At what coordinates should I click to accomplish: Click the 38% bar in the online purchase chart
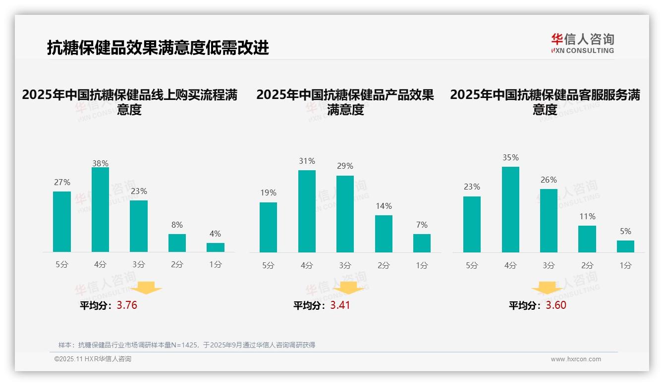pos(100,210)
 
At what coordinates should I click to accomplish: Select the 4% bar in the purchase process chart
pos(216,247)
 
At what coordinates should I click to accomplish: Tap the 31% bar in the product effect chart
pos(307,211)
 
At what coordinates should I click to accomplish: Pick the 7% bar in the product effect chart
pos(422,243)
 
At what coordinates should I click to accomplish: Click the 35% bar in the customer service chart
pos(510,210)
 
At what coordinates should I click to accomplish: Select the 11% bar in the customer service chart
pos(587,239)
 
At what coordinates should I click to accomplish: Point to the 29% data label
pos(345,166)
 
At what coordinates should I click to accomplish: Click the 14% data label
pos(384,206)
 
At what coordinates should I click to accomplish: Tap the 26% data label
pos(549,180)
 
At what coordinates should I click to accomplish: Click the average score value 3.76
pos(127,305)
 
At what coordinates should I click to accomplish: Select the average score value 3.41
pos(340,305)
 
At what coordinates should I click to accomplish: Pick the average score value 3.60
pos(556,305)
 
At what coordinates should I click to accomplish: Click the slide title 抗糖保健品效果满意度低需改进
pos(158,48)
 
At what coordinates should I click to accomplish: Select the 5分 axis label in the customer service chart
pos(472,265)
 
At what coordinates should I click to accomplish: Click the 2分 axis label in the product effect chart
pos(384,265)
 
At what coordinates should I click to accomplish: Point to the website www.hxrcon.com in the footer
pos(576,359)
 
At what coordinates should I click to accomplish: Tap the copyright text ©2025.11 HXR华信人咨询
pos(93,359)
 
